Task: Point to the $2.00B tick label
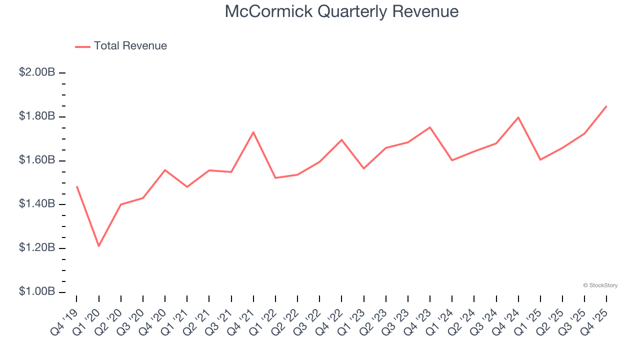(37, 72)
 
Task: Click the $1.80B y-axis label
(37, 116)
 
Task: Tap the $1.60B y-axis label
(37, 160)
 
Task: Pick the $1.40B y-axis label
(37, 204)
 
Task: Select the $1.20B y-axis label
(37, 248)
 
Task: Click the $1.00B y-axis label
(37, 292)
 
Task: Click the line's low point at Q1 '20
(99, 246)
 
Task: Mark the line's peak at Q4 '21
(253, 132)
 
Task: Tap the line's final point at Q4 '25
(606, 106)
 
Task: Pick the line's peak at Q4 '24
(518, 117)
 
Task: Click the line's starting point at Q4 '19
(76, 186)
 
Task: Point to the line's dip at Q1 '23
(363, 168)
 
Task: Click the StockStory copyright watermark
(600, 285)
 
